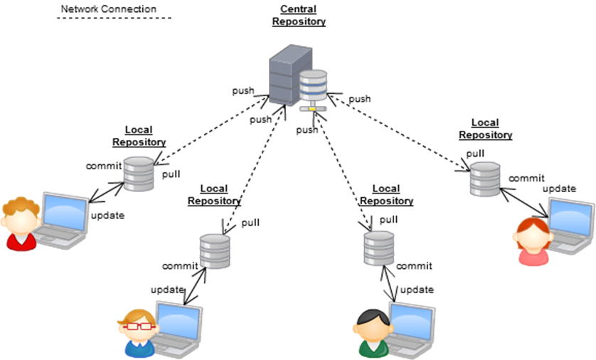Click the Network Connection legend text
pyautogui.click(x=108, y=9)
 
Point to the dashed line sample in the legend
pyautogui.click(x=114, y=18)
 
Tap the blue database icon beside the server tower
pyautogui.click(x=312, y=87)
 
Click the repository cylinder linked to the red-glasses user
pyautogui.click(x=215, y=250)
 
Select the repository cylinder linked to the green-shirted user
pyautogui.click(x=378, y=248)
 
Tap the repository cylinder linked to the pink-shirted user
pyautogui.click(x=485, y=179)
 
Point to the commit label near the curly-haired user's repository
pyautogui.click(x=104, y=166)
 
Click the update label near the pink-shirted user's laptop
pyautogui.click(x=559, y=189)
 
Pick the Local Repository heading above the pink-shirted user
pyautogui.click(x=485, y=129)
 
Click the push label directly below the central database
pyautogui.click(x=307, y=130)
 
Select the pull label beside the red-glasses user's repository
pyautogui.click(x=250, y=223)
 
